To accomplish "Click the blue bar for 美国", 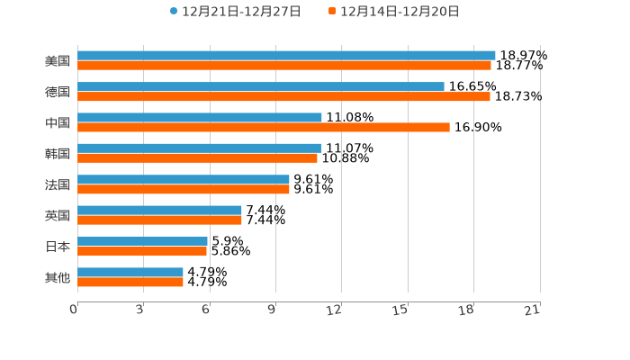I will (286, 56).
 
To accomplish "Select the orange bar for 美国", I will (284, 66).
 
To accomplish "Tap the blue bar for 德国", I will (261, 86).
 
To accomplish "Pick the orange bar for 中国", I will (264, 128).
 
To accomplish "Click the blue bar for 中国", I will (200, 118).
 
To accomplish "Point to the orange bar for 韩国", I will (197, 158).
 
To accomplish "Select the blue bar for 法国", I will (184, 180).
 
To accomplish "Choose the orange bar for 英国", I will (159, 220).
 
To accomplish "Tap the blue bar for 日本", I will (142, 241).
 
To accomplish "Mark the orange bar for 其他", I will (130, 283).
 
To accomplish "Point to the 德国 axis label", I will (58, 92).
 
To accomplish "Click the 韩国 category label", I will (58, 153).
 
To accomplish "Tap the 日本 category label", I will (58, 247).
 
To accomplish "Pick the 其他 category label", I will (58, 277).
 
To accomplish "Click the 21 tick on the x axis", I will (532, 310).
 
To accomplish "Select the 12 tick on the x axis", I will (334, 310).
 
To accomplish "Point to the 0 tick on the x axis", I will (74, 310).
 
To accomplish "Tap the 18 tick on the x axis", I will (466, 310).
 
